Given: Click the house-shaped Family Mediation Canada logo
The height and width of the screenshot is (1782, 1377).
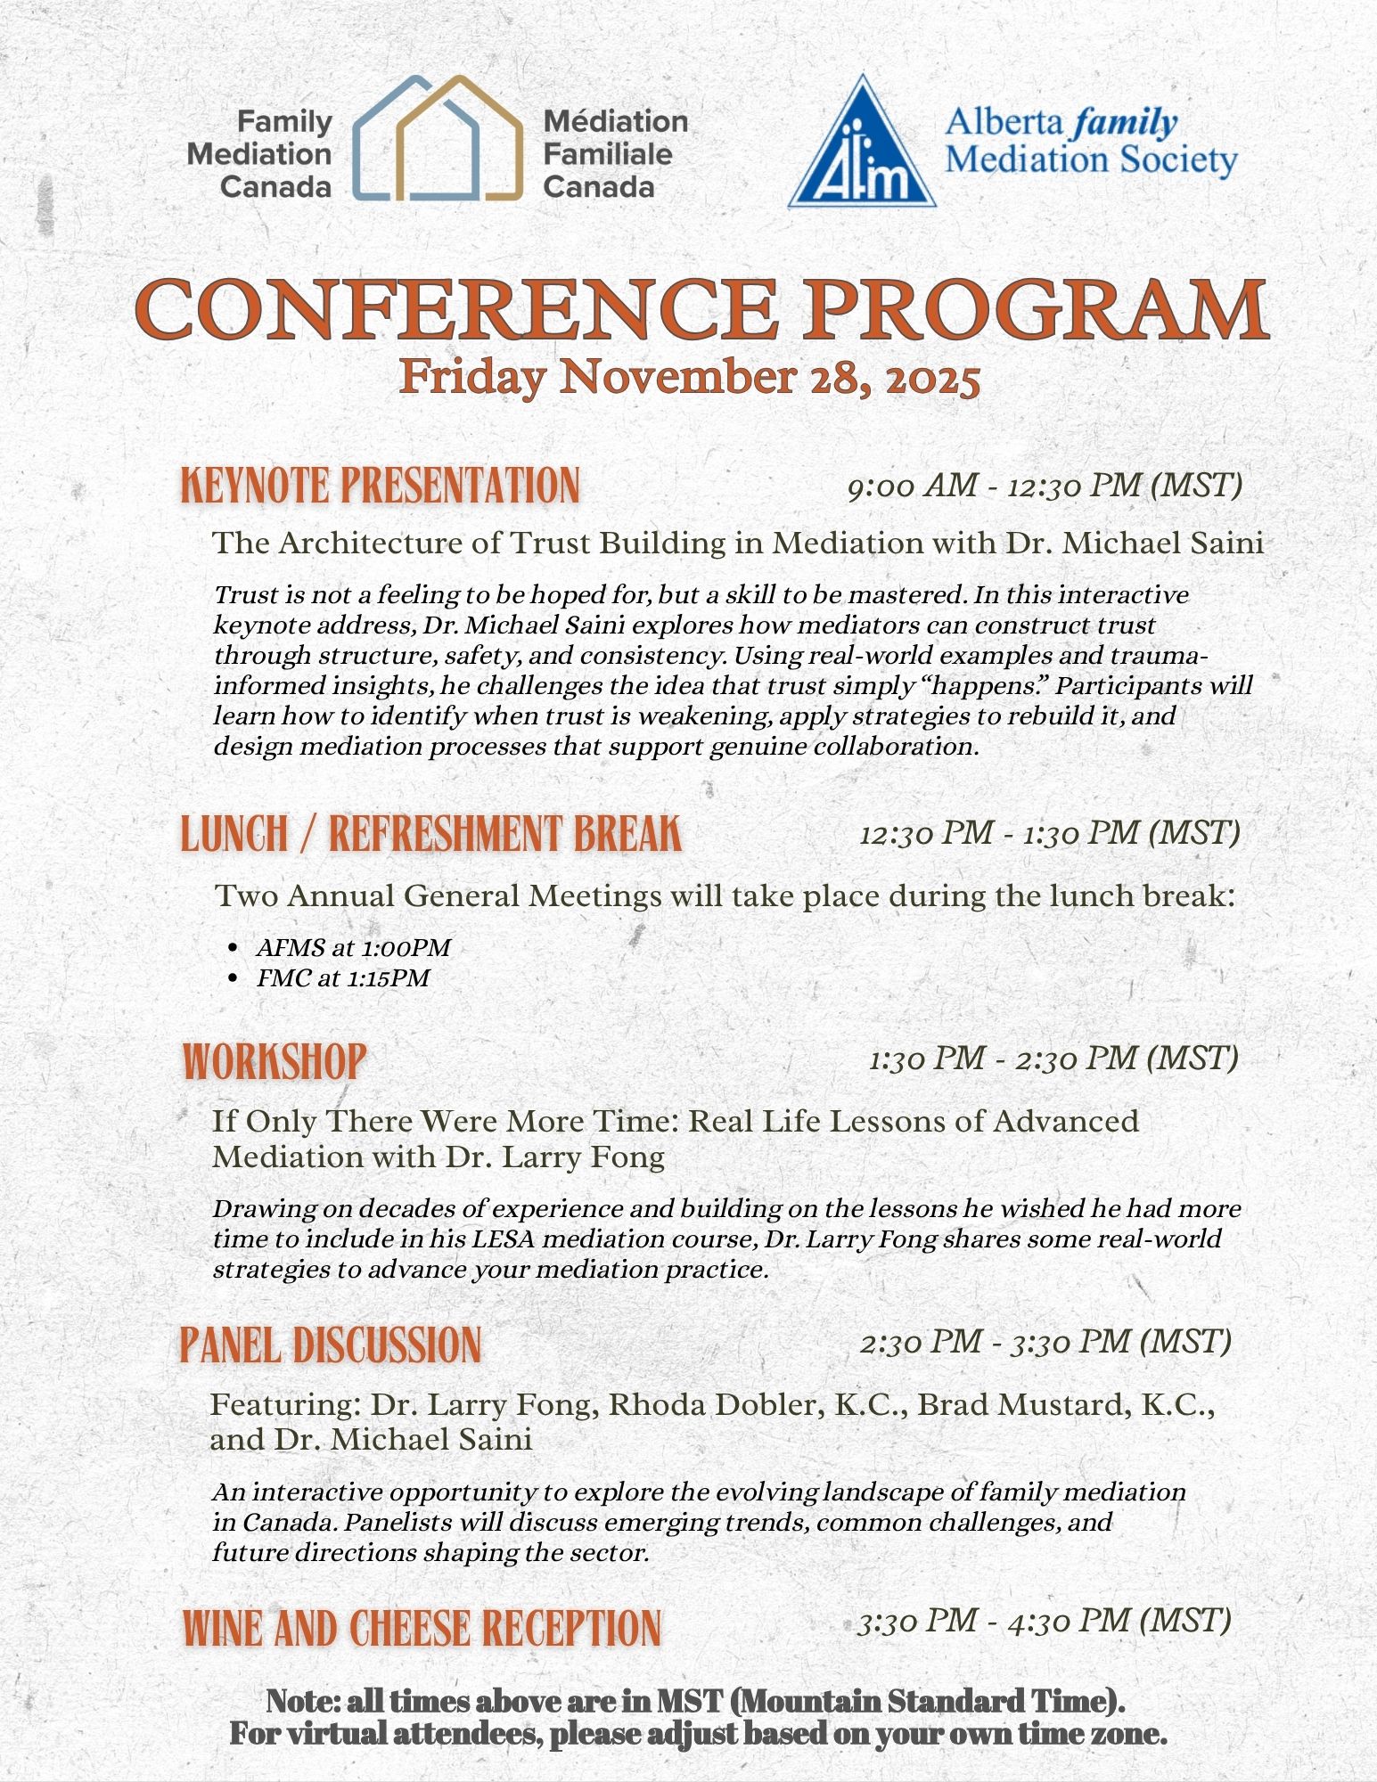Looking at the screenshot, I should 437,138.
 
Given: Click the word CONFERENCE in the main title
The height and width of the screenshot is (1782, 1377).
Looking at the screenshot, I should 456,308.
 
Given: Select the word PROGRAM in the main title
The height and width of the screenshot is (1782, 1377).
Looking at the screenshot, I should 1038,308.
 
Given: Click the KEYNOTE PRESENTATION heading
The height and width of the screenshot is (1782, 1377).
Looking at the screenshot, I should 381,486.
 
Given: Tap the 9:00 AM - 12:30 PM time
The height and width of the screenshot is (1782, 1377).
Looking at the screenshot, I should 1045,486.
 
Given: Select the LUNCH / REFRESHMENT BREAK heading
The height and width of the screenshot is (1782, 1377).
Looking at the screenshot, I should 431,834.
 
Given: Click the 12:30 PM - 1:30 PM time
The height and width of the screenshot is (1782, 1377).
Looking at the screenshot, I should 1050,834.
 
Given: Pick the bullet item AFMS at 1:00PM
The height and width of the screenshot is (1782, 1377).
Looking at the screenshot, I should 353,948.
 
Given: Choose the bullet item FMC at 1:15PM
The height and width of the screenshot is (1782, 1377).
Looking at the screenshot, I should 343,978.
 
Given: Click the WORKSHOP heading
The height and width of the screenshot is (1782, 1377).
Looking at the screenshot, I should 275,1061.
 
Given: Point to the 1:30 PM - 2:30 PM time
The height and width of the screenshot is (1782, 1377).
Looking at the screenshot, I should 1053,1059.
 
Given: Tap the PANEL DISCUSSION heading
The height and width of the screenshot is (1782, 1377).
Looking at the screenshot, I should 331,1345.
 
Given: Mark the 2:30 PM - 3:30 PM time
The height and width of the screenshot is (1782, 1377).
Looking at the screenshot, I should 1045,1342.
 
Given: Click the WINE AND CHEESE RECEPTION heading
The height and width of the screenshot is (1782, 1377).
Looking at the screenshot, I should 422,1629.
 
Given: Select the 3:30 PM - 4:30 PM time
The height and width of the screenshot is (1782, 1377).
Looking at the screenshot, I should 1045,1621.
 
